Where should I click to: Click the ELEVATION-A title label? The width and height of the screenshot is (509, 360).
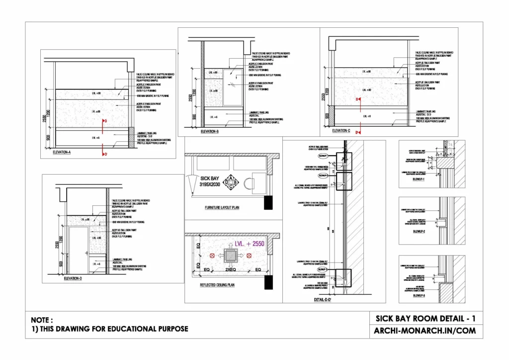pos(62,153)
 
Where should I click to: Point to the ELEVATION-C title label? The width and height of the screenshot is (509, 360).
pos(342,130)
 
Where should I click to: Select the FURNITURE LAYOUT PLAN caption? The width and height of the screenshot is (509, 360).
pos(222,207)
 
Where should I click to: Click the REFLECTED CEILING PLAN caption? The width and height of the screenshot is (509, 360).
pos(217,285)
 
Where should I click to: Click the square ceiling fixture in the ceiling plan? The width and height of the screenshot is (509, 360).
pos(230,256)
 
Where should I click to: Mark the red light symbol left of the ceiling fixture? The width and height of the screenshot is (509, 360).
pos(212,256)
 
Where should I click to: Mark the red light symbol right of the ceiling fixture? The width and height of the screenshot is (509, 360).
pos(249,256)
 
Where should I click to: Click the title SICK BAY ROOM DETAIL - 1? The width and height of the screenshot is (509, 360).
pos(425,318)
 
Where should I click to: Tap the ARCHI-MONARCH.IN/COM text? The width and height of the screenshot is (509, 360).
pos(425,331)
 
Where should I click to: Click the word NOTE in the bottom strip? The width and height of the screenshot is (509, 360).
pos(41,320)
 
